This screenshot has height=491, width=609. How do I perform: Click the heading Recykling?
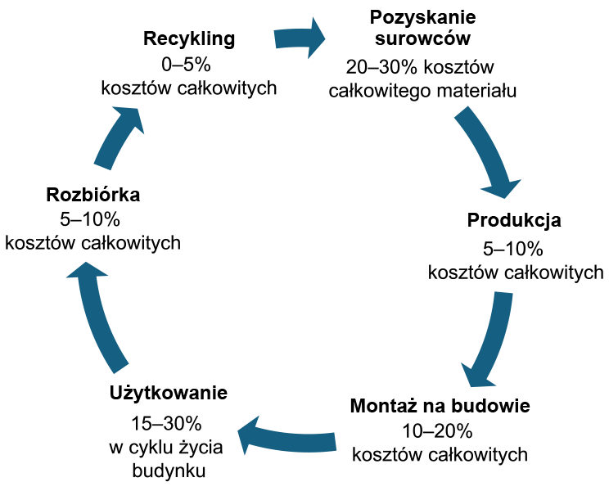[x=189, y=39]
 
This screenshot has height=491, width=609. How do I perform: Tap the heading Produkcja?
[x=514, y=220]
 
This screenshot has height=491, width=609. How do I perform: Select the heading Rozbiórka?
[x=92, y=195]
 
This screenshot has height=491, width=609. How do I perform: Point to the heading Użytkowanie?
[x=168, y=393]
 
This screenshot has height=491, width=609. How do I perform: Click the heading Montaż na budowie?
[x=440, y=406]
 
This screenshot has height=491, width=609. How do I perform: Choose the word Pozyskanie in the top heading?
[x=422, y=17]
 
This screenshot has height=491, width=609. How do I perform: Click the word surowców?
[x=422, y=38]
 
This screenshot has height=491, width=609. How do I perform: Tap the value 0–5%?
[x=186, y=65]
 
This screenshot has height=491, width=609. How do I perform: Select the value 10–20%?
[x=437, y=431]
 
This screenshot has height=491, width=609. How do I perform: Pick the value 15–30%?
[x=166, y=423]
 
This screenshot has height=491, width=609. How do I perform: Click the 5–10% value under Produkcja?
[x=512, y=249]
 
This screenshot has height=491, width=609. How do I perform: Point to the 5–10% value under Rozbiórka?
[x=90, y=220]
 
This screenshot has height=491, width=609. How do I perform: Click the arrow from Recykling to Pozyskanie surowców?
[x=300, y=38]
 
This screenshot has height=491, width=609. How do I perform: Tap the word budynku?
[x=169, y=471]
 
